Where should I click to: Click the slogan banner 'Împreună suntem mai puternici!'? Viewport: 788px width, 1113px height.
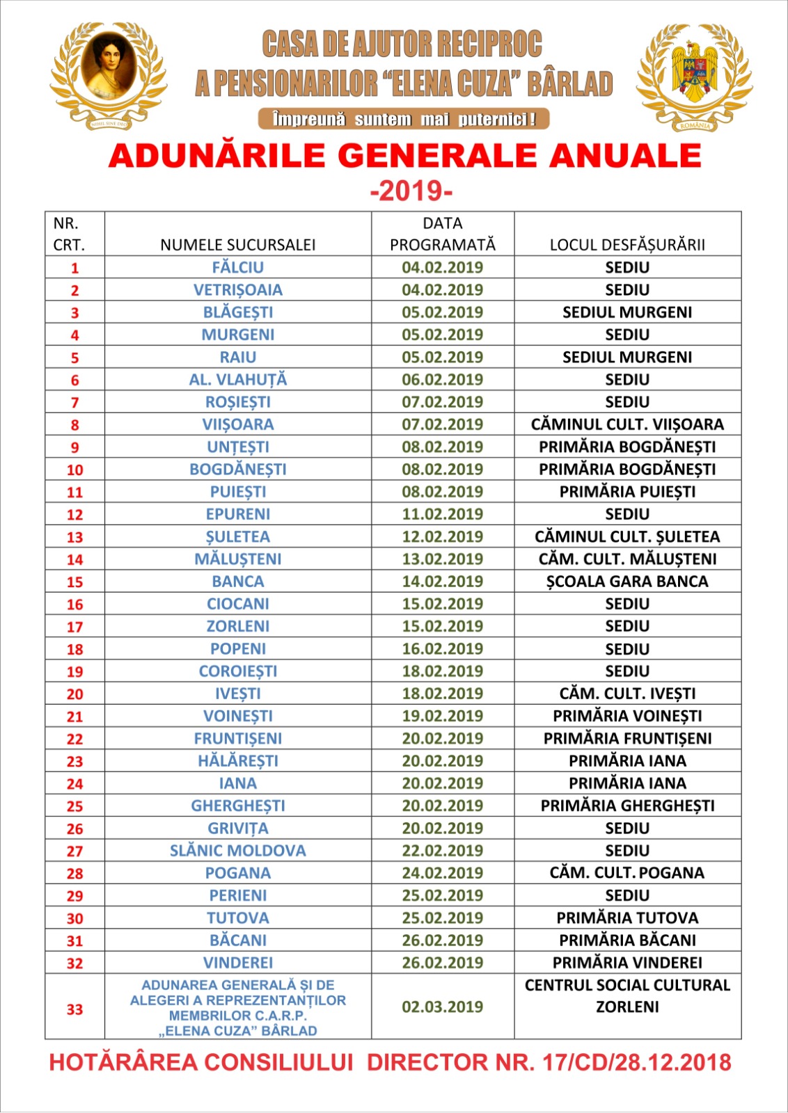point(404,119)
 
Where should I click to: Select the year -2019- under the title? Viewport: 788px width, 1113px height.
point(411,190)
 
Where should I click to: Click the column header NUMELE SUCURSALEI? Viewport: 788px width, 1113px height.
point(237,245)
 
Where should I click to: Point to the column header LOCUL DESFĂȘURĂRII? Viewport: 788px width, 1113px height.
point(627,245)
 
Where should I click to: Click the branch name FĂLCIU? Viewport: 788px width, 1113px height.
point(237,267)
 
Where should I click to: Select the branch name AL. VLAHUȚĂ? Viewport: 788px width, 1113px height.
point(237,380)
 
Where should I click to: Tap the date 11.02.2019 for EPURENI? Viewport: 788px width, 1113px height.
point(442,514)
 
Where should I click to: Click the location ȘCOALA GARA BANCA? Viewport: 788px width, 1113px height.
point(627,582)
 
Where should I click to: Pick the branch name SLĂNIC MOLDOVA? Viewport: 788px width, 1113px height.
point(237,851)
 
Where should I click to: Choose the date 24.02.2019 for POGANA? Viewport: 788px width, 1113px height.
point(442,873)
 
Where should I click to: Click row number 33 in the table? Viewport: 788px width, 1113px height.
point(74,1009)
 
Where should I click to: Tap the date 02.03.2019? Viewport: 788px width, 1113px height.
point(442,1007)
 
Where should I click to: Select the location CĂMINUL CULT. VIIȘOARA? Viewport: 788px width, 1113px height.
point(627,424)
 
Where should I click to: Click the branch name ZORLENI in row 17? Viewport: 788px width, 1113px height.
point(237,626)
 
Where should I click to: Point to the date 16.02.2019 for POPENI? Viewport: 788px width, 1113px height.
point(442,649)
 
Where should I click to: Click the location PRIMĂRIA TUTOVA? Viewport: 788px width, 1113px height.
point(627,918)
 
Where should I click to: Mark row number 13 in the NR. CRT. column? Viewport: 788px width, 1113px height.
point(74,537)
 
